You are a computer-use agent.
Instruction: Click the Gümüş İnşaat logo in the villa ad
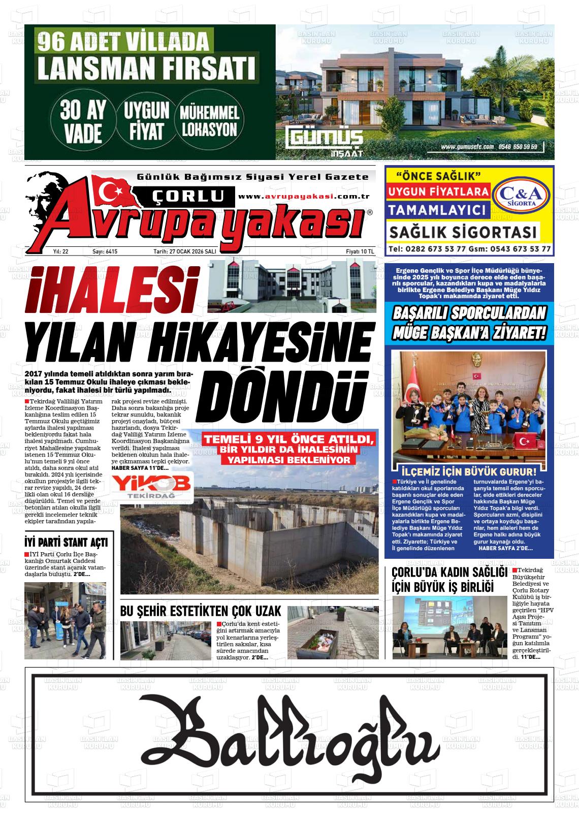tap(325, 140)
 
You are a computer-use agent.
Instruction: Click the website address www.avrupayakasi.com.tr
tap(303, 197)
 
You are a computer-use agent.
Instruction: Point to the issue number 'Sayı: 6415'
tap(105, 251)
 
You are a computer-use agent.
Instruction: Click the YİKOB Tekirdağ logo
tap(152, 487)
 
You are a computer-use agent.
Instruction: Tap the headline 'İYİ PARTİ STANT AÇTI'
tap(66, 542)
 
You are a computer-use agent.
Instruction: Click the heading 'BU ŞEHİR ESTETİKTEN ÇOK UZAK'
tap(201, 611)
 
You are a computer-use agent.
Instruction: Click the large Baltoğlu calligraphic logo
tap(288, 735)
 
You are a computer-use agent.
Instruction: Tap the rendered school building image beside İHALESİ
tap(292, 286)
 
